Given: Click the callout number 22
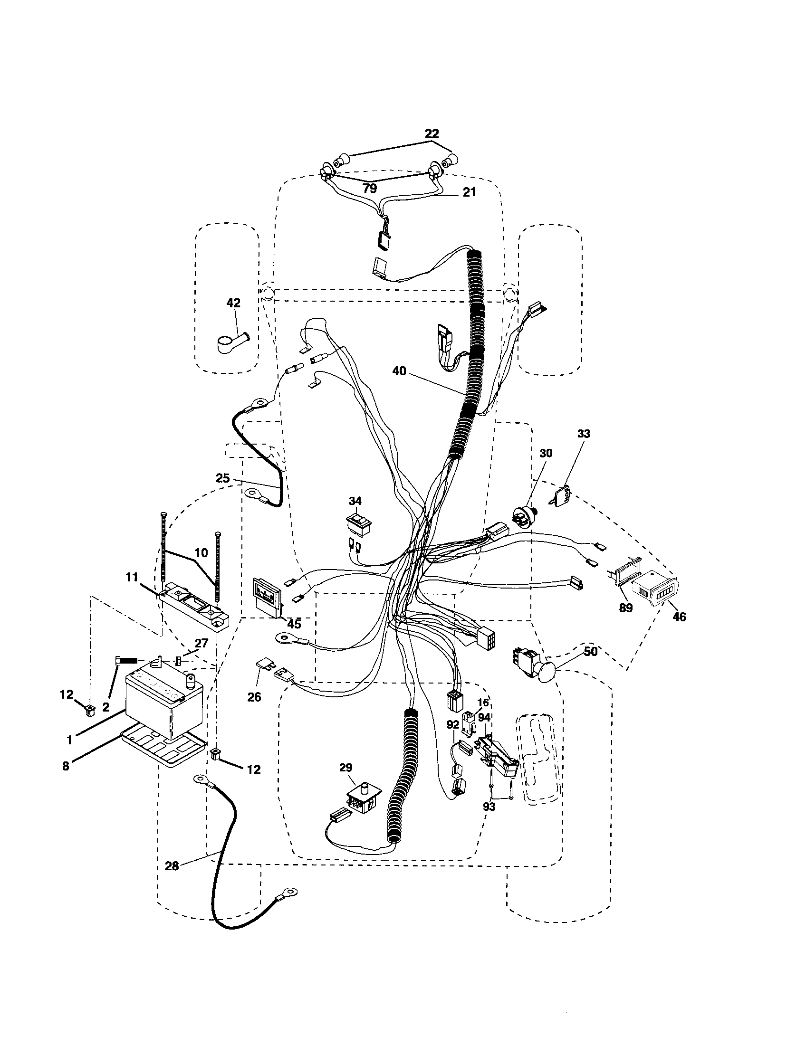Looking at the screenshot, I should coord(431,133).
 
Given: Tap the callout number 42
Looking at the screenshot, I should coord(233,303).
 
